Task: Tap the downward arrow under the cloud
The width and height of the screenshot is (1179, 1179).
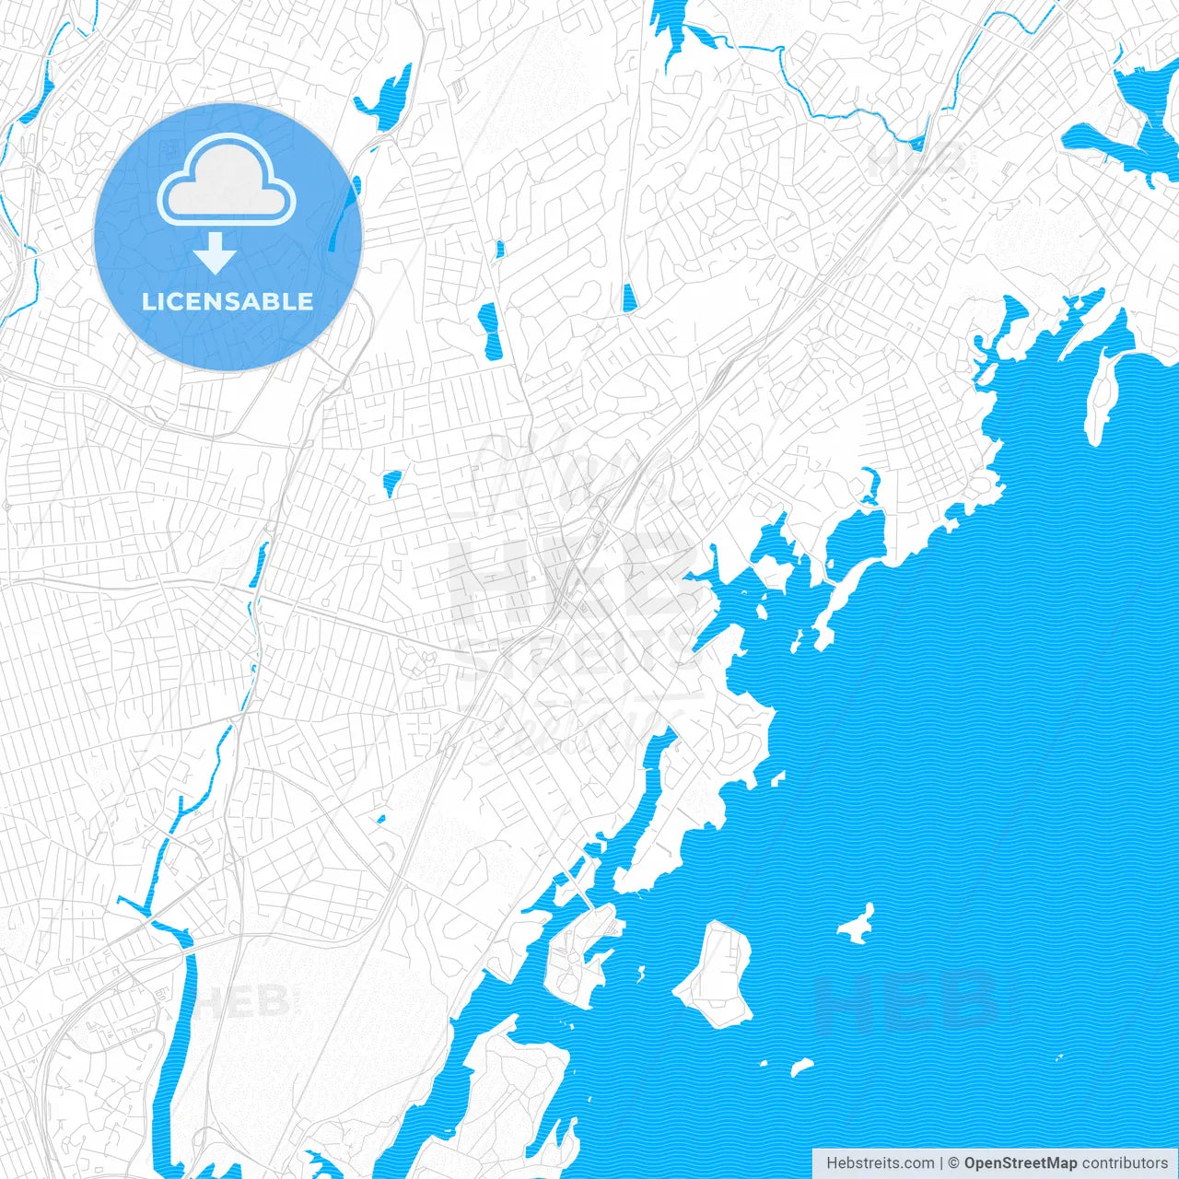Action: (216, 252)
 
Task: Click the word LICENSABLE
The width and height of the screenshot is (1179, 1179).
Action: (228, 301)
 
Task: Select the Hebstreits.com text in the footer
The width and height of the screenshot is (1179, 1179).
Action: (880, 1163)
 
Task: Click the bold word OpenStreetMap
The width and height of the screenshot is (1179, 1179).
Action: (1021, 1163)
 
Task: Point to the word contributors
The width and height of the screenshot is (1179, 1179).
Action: (1125, 1163)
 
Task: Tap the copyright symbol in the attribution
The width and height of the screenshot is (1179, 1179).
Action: (954, 1163)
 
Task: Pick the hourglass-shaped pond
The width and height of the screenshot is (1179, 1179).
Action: (488, 332)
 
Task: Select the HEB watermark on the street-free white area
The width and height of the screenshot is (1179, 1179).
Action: (244, 1001)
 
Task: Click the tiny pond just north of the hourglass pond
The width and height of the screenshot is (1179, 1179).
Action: (499, 249)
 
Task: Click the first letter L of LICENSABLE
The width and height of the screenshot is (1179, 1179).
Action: (147, 301)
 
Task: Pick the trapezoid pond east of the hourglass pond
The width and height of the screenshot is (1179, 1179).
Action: (628, 297)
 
